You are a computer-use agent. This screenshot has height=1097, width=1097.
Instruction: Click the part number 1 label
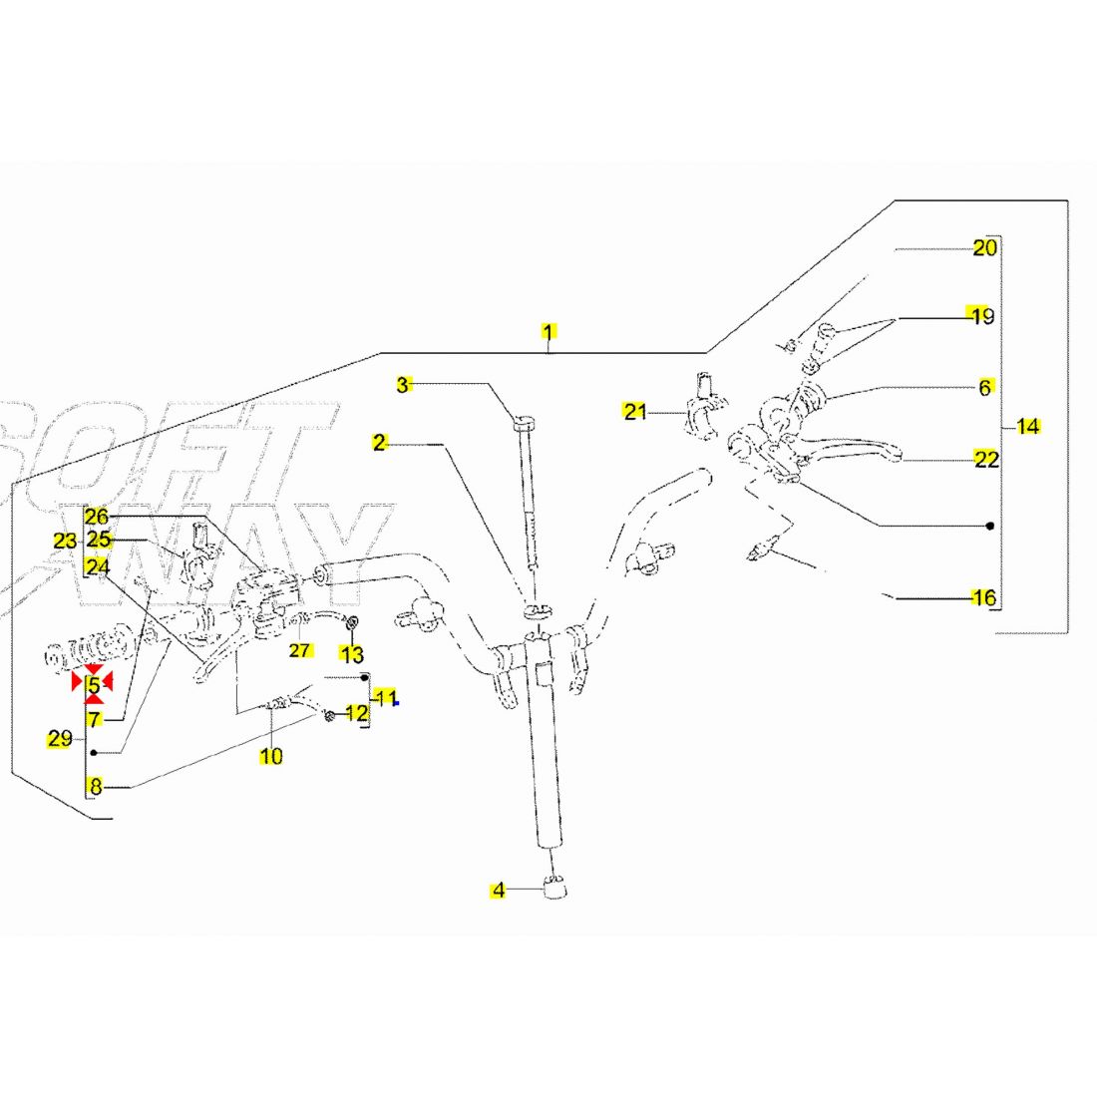point(548,331)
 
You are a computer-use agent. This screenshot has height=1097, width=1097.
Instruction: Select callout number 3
point(403,385)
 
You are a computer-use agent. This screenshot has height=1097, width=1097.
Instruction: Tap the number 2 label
point(379,443)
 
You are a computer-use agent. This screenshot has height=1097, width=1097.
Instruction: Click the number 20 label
point(984,248)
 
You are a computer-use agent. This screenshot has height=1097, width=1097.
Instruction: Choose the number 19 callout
point(982,317)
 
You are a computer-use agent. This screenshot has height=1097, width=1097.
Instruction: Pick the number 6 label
point(985,388)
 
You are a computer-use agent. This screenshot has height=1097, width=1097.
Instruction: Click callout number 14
point(1028,427)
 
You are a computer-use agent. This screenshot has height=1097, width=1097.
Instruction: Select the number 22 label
point(986,460)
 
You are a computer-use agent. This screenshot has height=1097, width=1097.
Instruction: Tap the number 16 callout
point(983,598)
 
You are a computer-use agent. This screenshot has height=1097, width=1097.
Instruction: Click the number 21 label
point(635,411)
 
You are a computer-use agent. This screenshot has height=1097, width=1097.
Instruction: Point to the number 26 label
point(96,517)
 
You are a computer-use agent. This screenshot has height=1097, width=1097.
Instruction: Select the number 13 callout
point(352,655)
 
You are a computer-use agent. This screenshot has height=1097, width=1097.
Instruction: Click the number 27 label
point(300,651)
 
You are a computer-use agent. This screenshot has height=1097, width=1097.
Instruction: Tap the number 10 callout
point(271,757)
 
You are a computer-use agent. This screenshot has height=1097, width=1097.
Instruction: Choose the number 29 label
point(60,739)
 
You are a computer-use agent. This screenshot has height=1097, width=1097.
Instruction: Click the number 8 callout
point(95,787)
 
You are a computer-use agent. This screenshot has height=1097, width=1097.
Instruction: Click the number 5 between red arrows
point(94,685)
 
